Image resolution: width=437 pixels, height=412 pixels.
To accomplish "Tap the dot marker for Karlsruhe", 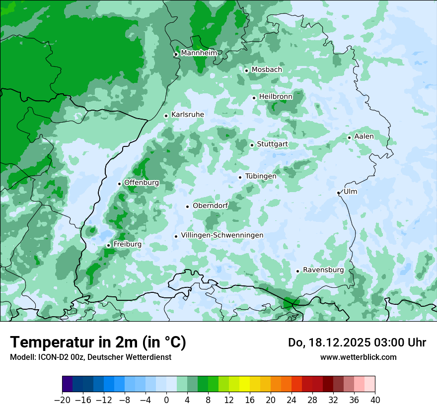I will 166,116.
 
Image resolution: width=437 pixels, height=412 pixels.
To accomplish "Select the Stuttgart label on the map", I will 272,144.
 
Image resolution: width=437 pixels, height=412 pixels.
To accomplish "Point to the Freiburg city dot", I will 108,245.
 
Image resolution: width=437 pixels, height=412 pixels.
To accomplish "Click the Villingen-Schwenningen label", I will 222,235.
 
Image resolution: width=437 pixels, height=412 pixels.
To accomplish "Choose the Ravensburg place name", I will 323,270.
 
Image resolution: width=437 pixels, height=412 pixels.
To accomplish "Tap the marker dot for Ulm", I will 338,193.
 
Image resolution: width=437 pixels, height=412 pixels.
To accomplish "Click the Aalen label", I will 364,137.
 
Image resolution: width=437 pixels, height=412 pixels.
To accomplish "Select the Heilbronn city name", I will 276,97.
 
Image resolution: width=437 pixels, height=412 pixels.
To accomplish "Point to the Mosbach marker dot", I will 246,70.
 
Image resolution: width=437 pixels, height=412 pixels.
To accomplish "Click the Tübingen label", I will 261,176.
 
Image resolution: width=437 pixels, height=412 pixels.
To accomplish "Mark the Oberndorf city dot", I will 187,206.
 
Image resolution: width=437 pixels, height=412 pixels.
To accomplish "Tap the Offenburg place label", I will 142,183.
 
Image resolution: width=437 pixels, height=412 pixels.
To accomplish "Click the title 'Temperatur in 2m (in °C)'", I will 98,342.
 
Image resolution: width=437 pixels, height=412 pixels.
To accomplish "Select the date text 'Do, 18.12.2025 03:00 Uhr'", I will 357,343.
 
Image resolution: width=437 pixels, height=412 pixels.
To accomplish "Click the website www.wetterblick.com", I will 358,357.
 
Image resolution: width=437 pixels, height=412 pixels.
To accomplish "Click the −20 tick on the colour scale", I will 62,400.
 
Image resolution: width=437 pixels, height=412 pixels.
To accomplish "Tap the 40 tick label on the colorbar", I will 375,400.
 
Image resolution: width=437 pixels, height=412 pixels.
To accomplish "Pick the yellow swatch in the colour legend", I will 244,384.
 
